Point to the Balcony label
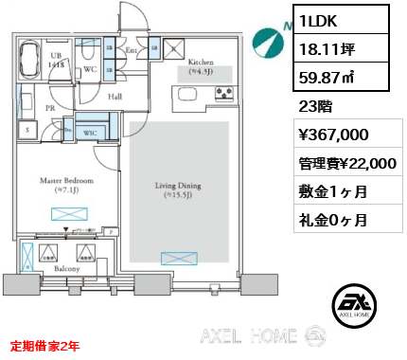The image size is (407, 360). tap(66, 269)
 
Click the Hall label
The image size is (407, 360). tap(115, 96)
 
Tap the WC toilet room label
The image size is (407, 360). tap(90, 68)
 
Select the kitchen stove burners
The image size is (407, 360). tap(224, 93)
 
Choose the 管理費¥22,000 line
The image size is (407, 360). tap(346, 164)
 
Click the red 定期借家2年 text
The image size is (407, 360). tap(44, 347)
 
